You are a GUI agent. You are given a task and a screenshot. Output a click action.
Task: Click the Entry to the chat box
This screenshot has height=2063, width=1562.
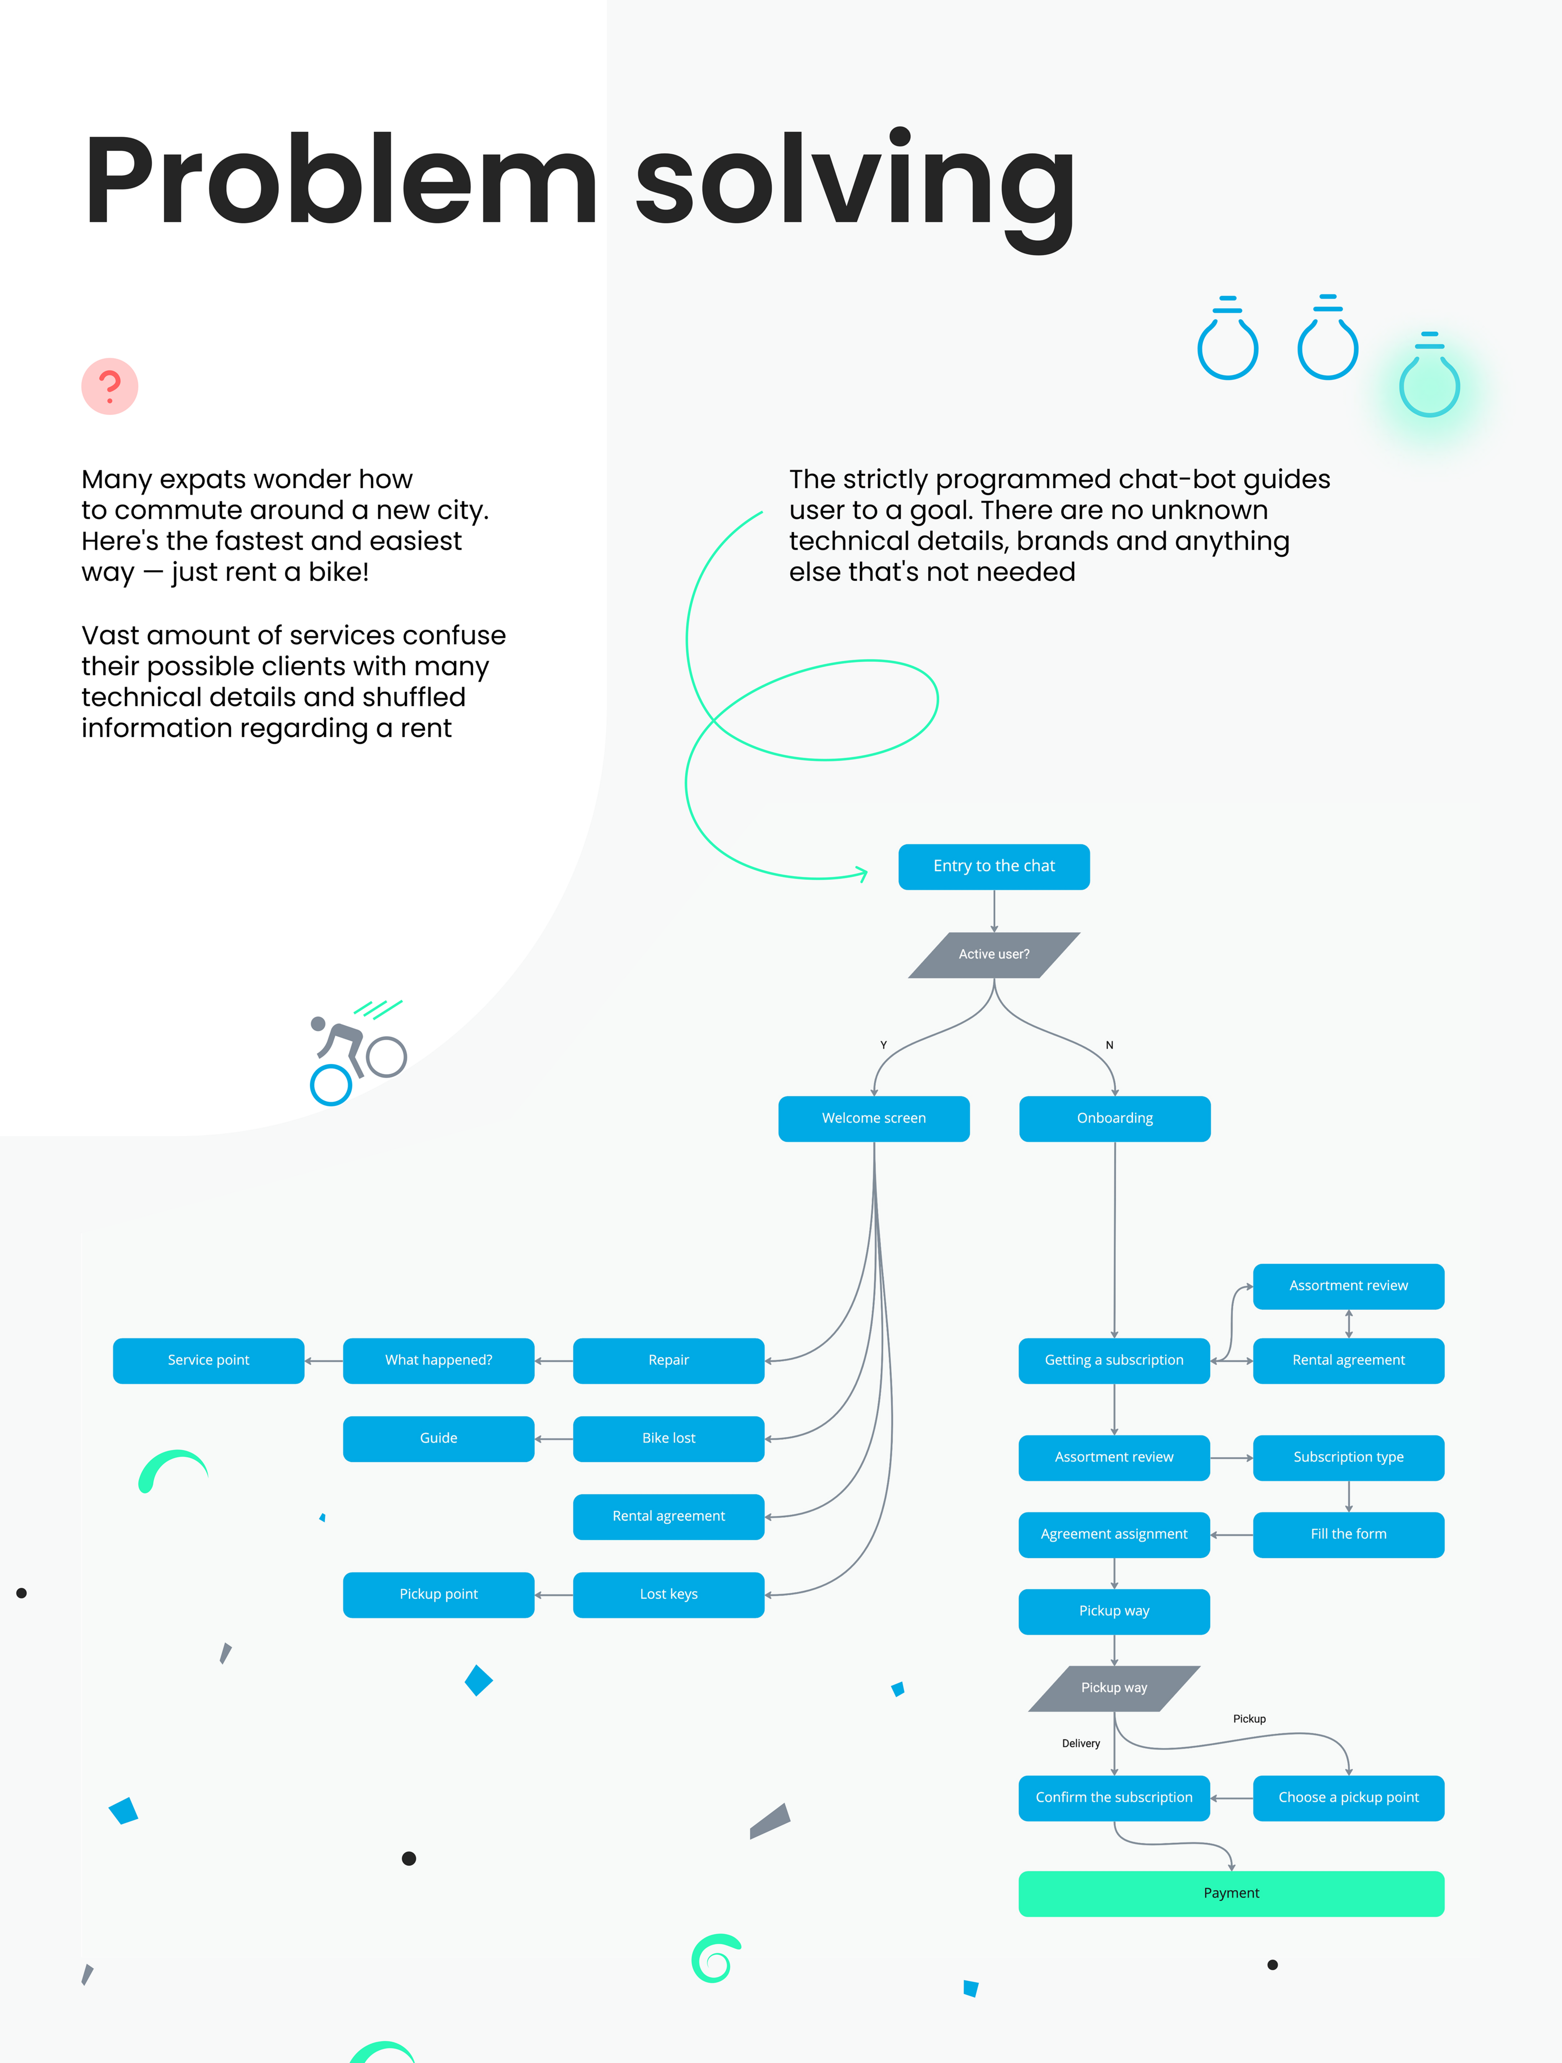tap(994, 866)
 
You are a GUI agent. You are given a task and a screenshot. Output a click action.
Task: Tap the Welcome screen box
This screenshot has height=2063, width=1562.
tap(874, 1118)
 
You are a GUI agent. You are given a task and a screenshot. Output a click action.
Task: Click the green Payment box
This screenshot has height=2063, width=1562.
tap(1231, 1893)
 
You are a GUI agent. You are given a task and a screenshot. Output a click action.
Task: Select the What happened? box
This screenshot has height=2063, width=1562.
tap(438, 1361)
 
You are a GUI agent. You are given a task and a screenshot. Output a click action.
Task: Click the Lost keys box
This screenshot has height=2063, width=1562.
tap(669, 1595)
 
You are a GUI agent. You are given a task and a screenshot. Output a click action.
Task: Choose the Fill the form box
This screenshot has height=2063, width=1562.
tap(1349, 1534)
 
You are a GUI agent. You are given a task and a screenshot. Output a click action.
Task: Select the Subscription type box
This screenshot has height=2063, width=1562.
tap(1349, 1458)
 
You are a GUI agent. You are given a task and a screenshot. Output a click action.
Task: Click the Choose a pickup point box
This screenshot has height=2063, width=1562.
tap(1349, 1798)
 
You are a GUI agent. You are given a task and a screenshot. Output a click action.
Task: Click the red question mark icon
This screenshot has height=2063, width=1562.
tap(110, 386)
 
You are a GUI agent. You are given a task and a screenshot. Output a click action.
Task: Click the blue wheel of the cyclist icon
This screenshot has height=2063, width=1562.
tap(331, 1085)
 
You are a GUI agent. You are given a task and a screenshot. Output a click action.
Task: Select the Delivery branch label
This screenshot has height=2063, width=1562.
tap(1081, 1743)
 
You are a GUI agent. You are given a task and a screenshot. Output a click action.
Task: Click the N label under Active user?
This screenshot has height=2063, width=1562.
tap(1110, 1045)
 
